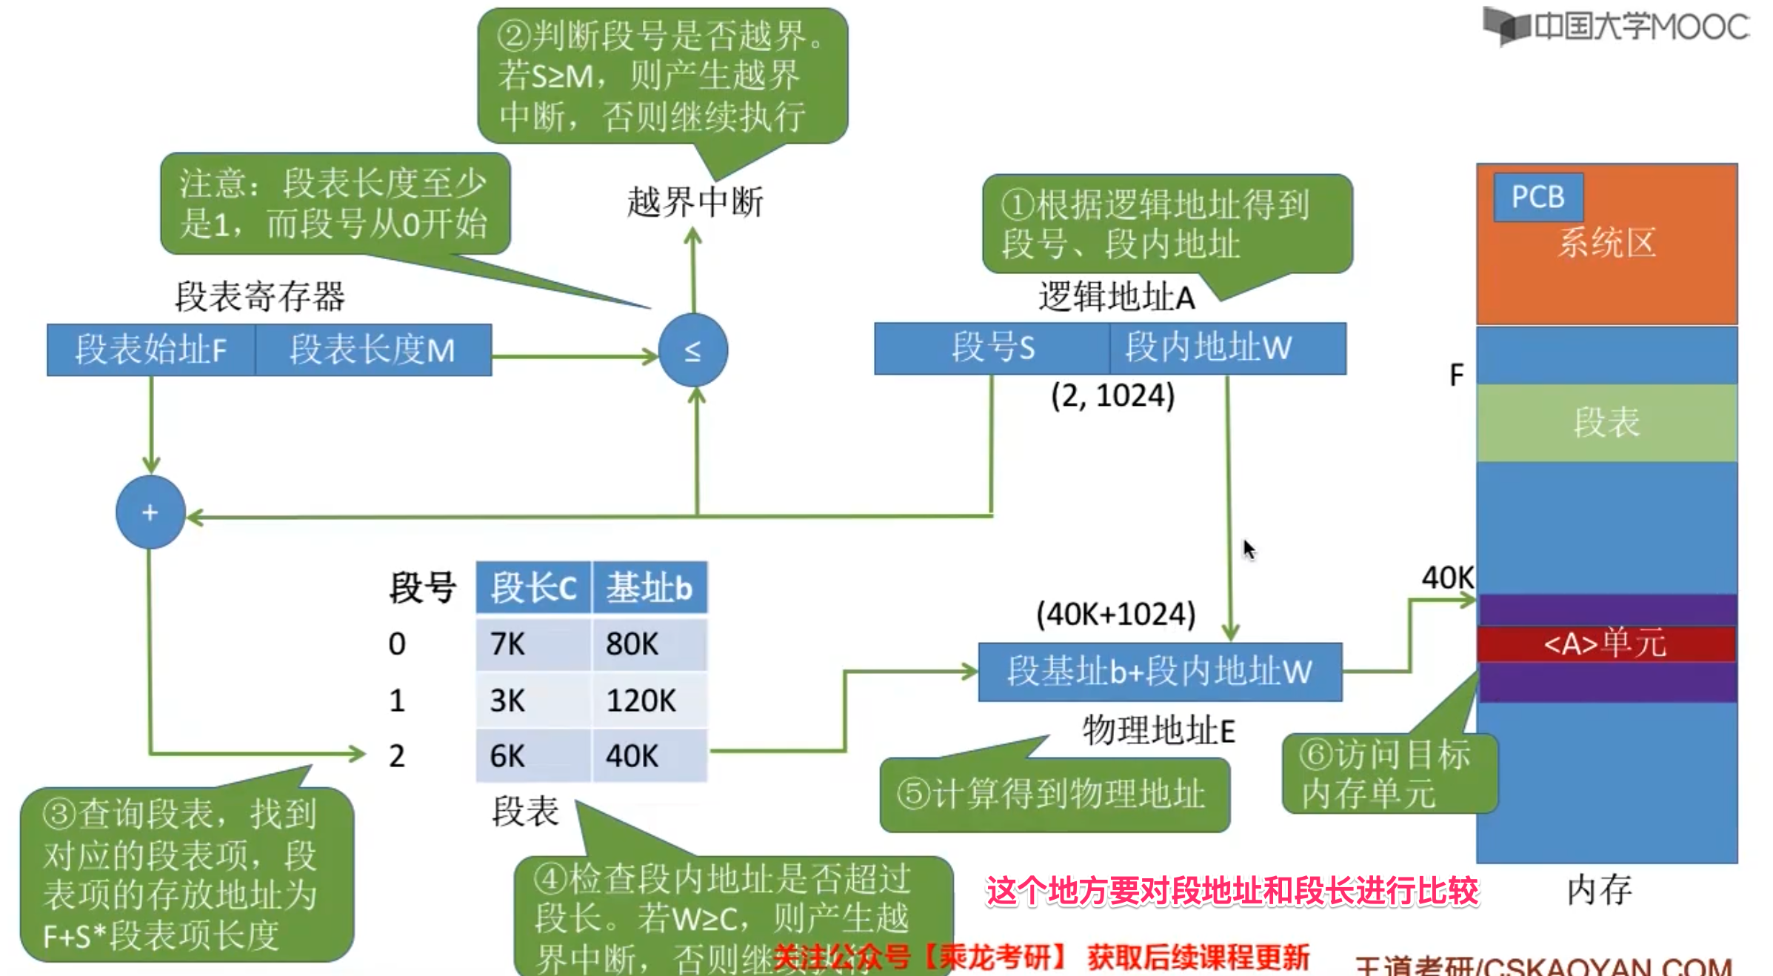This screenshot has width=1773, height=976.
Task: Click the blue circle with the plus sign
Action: pyautogui.click(x=150, y=512)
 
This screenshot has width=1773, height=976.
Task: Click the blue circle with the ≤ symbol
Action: pyautogui.click(x=692, y=350)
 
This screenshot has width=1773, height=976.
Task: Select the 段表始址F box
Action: pyautogui.click(x=151, y=350)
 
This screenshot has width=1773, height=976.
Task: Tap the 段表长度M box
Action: pyautogui.click(x=373, y=350)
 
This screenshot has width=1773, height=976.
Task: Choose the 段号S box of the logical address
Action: pyautogui.click(x=992, y=348)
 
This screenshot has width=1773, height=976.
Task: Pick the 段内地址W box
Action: pyautogui.click(x=1227, y=348)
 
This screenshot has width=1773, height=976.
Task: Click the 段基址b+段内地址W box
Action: pyautogui.click(x=1160, y=672)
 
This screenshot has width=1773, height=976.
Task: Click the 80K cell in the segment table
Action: pyautogui.click(x=649, y=644)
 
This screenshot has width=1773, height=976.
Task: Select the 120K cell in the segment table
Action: pyautogui.click(x=649, y=701)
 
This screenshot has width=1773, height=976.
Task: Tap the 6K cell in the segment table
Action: pyautogui.click(x=533, y=756)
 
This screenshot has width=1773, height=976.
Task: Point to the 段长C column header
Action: pyautogui.click(x=533, y=588)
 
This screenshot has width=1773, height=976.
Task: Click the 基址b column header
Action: pyautogui.click(x=650, y=588)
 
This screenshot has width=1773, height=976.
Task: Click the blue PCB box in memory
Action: pyautogui.click(x=1538, y=197)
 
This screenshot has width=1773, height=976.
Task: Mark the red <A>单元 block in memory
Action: pyautogui.click(x=1606, y=644)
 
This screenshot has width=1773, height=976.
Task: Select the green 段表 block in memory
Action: pyautogui.click(x=1606, y=423)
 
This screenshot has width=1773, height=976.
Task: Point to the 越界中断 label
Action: pyautogui.click(x=695, y=202)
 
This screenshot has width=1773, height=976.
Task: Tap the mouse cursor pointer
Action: pyautogui.click(x=1249, y=549)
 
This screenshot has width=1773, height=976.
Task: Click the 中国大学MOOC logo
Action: pyautogui.click(x=1616, y=27)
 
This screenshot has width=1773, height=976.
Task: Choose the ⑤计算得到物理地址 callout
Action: pyautogui.click(x=1054, y=794)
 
